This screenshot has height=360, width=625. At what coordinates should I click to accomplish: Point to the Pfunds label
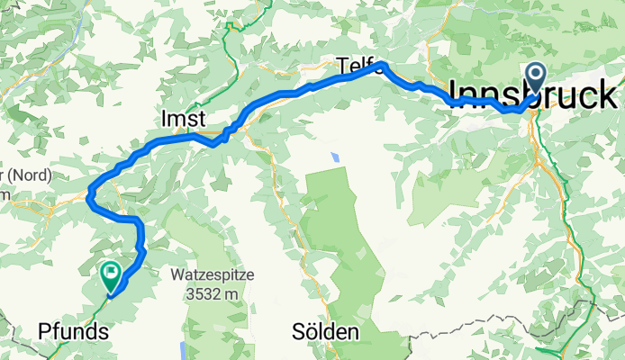pyautogui.click(x=74, y=331)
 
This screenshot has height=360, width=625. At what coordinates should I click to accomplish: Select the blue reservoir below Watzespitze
pyautogui.click(x=185, y=350)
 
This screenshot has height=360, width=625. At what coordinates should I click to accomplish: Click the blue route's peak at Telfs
pyautogui.click(x=380, y=64)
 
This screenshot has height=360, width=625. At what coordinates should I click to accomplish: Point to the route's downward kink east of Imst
pyautogui.click(x=213, y=142)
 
